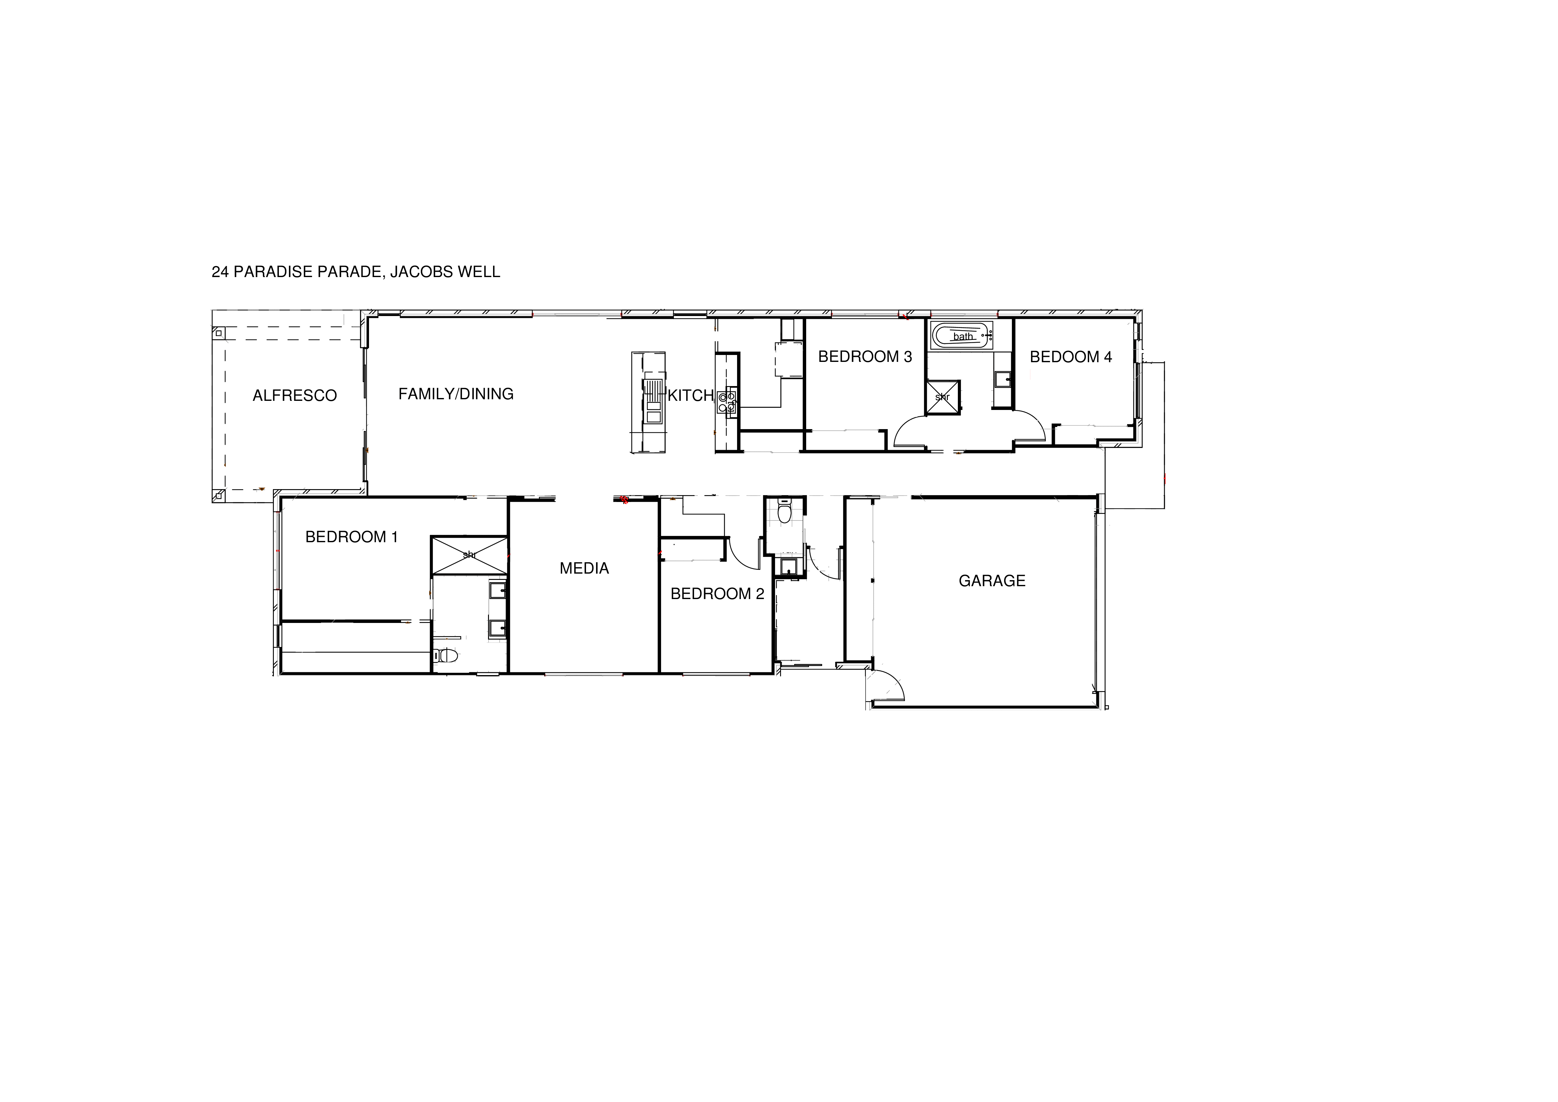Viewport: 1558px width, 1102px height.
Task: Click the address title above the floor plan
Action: pyautogui.click(x=356, y=272)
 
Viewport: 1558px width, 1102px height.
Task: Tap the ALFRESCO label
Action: pyautogui.click(x=295, y=396)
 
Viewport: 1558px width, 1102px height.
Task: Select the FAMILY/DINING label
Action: pyautogui.click(x=455, y=394)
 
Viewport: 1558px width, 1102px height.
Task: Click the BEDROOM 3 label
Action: pyautogui.click(x=865, y=357)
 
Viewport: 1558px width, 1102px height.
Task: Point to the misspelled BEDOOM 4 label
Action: pyautogui.click(x=1070, y=357)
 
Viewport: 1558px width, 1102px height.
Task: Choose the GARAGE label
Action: pyautogui.click(x=991, y=581)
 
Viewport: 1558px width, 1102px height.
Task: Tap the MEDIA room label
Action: pyautogui.click(x=584, y=569)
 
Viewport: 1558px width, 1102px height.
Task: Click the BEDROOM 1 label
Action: pyautogui.click(x=351, y=537)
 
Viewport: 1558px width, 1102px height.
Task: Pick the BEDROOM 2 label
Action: pyautogui.click(x=717, y=594)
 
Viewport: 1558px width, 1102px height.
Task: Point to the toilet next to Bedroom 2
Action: pyautogui.click(x=784, y=512)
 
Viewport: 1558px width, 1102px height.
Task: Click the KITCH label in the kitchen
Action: pyautogui.click(x=690, y=396)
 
